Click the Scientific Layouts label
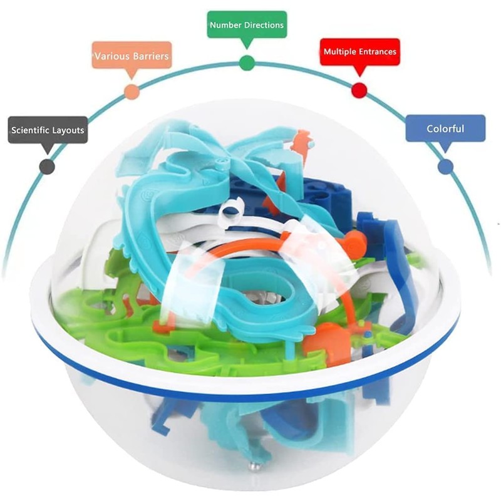[48, 130]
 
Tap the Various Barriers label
[132, 56]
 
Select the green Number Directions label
[247, 25]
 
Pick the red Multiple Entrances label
[359, 51]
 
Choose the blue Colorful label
[445, 128]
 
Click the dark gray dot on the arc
[47, 166]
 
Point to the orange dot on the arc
[132, 92]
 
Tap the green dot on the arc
[247, 63]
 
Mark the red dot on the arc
[359, 90]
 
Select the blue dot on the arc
[445, 166]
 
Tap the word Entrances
[378, 52]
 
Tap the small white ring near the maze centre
[232, 207]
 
